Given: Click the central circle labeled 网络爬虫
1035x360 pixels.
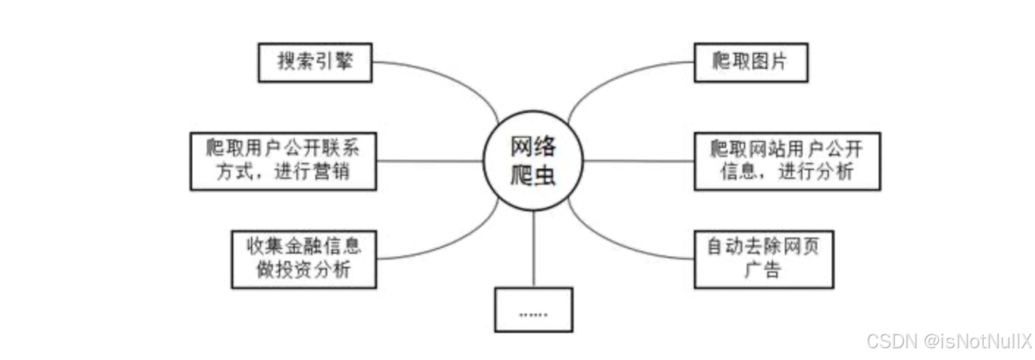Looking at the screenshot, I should [533, 161].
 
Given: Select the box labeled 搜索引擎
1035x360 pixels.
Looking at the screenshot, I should [315, 62].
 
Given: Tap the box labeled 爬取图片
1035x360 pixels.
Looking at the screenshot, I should [750, 62].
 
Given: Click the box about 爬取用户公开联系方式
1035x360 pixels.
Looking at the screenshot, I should [282, 161].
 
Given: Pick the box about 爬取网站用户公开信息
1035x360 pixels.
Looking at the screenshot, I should [787, 161].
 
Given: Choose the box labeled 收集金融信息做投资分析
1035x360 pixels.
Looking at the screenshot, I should [303, 259].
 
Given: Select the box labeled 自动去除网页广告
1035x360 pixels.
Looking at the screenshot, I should [764, 259].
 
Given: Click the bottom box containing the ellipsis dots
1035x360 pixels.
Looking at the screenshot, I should [533, 309].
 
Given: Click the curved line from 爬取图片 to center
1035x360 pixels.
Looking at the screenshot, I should [612, 78].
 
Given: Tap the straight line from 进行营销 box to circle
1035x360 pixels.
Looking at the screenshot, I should [428, 161].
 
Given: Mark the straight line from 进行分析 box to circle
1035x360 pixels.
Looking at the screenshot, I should [638, 161].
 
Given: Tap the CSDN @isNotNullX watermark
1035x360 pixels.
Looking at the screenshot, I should [949, 340].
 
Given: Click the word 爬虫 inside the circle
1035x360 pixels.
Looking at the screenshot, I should [533, 176].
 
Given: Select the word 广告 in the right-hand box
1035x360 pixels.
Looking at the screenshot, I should [763, 271].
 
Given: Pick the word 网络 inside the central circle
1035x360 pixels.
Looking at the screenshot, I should [533, 147].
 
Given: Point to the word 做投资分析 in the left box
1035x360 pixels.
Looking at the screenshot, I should [303, 271].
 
